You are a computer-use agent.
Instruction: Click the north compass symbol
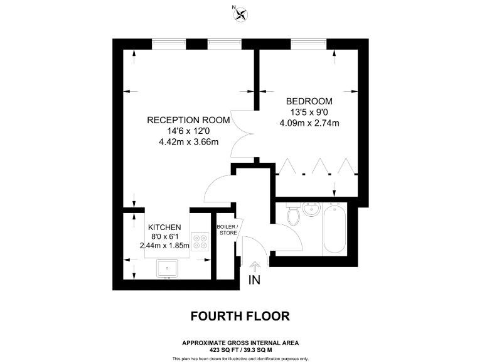pyautogui.click(x=239, y=13)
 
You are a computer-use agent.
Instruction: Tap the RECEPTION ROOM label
pyautogui.click(x=188, y=120)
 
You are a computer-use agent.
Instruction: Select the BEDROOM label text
pyautogui.click(x=309, y=101)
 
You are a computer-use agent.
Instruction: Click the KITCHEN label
pyautogui.click(x=164, y=227)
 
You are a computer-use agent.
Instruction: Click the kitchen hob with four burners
pyautogui.click(x=200, y=241)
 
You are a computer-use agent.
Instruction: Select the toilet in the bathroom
pyautogui.click(x=293, y=216)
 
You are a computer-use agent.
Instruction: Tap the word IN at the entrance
pyautogui.click(x=254, y=280)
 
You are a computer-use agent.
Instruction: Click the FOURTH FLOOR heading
pyautogui.click(x=240, y=315)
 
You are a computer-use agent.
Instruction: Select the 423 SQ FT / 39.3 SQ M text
pyautogui.click(x=240, y=349)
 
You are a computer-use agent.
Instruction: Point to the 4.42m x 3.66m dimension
pyautogui.click(x=188, y=141)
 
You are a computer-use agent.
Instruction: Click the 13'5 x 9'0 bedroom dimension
pyautogui.click(x=309, y=112)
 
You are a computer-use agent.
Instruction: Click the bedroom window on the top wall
pyautogui.click(x=308, y=43)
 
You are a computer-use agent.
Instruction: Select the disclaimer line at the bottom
pyautogui.click(x=240, y=358)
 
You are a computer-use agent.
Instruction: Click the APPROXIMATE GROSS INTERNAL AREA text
pyautogui.click(x=240, y=343)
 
